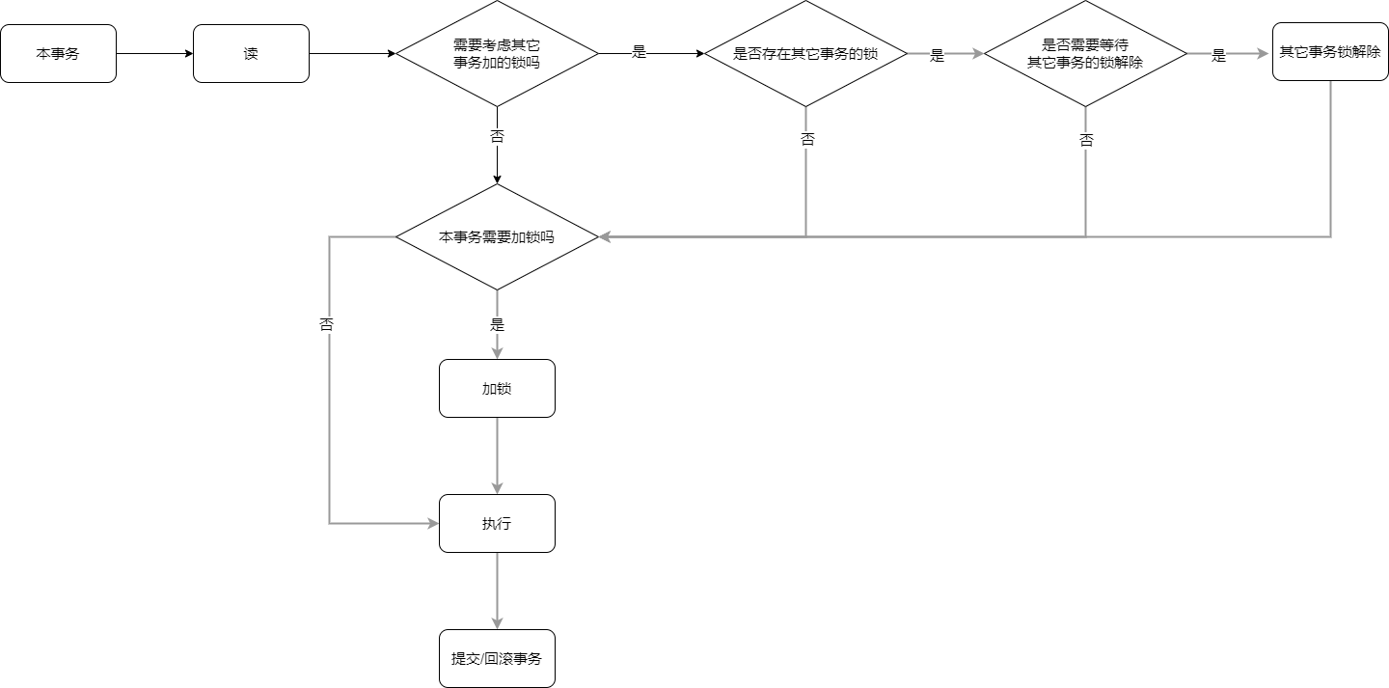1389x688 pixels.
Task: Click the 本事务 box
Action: (58, 54)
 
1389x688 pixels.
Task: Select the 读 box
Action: (251, 54)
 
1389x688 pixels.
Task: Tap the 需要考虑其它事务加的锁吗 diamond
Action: (497, 54)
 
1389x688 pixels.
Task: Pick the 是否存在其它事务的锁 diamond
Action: (805, 54)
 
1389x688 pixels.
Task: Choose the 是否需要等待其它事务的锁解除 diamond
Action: (1085, 54)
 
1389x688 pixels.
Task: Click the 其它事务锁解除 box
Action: (1330, 52)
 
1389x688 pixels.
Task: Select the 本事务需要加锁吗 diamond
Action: (497, 236)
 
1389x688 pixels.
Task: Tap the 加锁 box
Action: (497, 389)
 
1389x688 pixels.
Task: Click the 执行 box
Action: (497, 524)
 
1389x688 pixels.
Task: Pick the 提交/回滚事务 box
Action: (497, 659)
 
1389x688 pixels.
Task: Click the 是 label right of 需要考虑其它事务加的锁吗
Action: (639, 52)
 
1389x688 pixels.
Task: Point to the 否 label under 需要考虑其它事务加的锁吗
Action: (497, 137)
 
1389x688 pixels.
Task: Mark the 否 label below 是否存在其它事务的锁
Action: (807, 140)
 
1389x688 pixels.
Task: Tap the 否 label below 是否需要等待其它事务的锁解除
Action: (1086, 141)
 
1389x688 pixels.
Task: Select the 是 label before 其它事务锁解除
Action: (1219, 56)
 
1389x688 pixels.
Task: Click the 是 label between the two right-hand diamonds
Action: (937, 56)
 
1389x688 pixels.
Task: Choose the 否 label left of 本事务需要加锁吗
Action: (327, 325)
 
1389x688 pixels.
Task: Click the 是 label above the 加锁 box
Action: (497, 324)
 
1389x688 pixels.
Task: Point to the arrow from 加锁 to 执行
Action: (497, 455)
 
